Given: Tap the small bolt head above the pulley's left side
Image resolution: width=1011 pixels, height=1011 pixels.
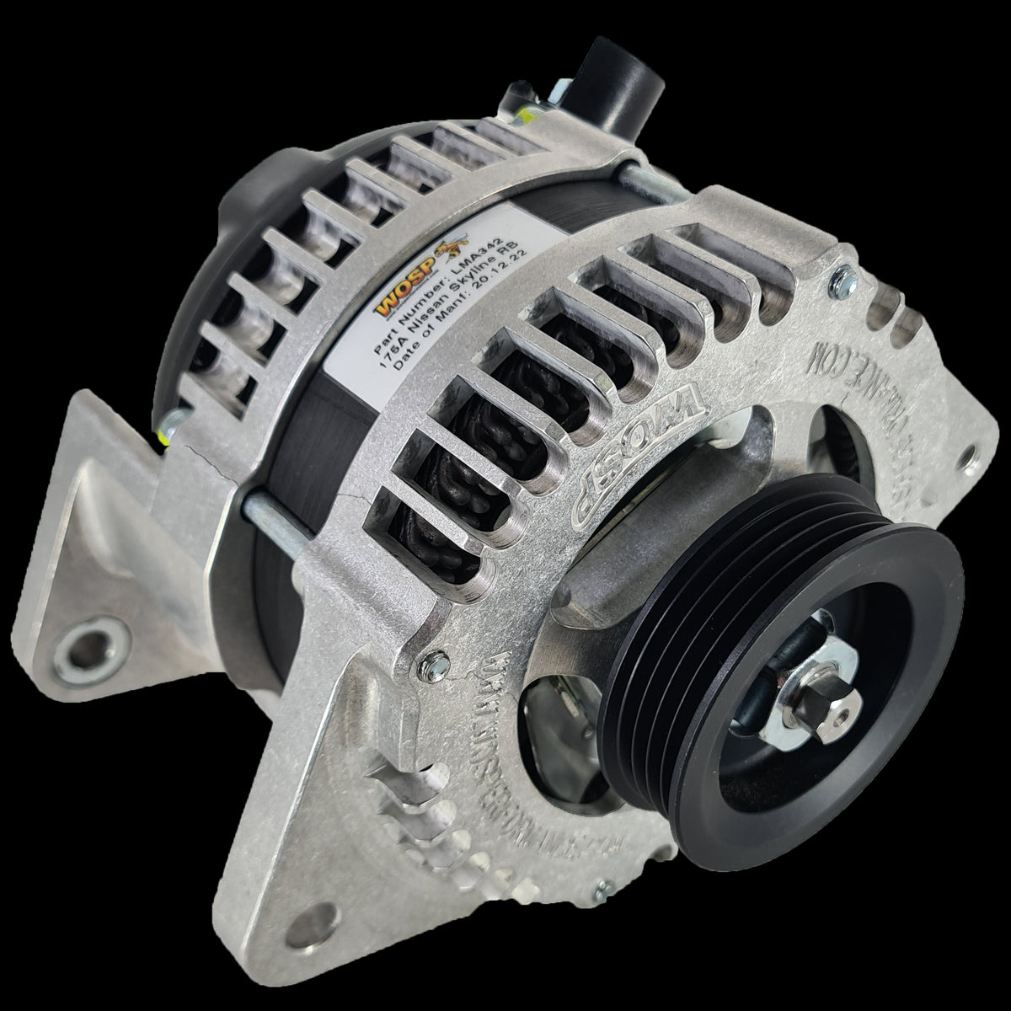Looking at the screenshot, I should pyautogui.click(x=430, y=666).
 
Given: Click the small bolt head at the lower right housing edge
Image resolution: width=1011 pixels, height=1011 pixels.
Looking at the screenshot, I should pyautogui.click(x=600, y=886).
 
